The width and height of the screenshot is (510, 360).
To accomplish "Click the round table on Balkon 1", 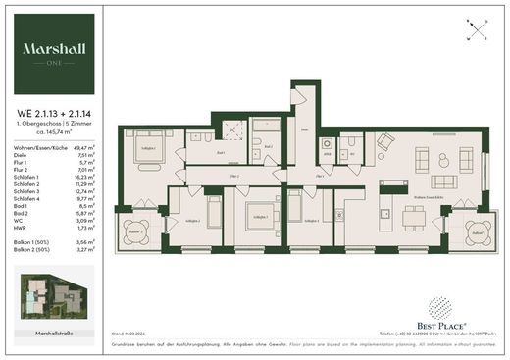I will pyautogui.click(x=136, y=231).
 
